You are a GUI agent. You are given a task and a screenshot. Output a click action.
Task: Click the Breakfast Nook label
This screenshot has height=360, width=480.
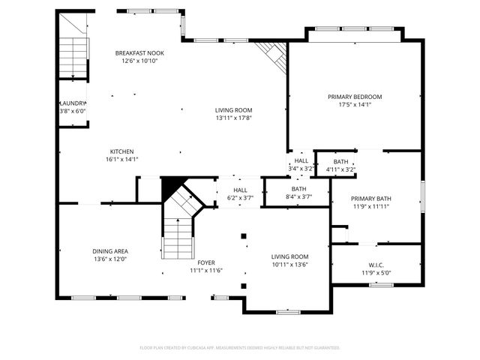(139, 53)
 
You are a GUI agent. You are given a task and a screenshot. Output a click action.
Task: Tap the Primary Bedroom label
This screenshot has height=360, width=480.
(355, 97)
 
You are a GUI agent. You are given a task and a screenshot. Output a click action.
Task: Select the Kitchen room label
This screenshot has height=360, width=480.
(122, 151)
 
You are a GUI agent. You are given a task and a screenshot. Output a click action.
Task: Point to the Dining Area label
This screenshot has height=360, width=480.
(109, 251)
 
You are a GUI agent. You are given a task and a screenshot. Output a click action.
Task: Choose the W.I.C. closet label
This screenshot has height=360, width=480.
(376, 265)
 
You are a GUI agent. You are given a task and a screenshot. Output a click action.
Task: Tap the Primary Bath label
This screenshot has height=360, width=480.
(371, 199)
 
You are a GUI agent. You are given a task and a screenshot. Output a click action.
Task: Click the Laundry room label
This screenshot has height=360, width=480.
(73, 103)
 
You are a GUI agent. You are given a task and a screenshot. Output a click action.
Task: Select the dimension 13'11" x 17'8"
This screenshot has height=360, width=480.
(233, 118)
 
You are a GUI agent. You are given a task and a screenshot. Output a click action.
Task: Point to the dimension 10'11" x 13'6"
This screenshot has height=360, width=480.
(290, 264)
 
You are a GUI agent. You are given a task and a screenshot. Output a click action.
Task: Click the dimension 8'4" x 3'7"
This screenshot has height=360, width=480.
(298, 196)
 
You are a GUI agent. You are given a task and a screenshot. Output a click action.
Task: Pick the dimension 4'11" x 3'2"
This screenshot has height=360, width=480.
(340, 169)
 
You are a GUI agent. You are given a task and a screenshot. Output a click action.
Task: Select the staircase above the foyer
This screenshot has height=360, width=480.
(179, 229)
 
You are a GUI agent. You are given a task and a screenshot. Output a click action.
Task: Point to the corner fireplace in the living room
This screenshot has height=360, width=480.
(271, 55)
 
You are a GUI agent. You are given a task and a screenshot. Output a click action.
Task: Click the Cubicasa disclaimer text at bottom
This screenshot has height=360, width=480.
(240, 347)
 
